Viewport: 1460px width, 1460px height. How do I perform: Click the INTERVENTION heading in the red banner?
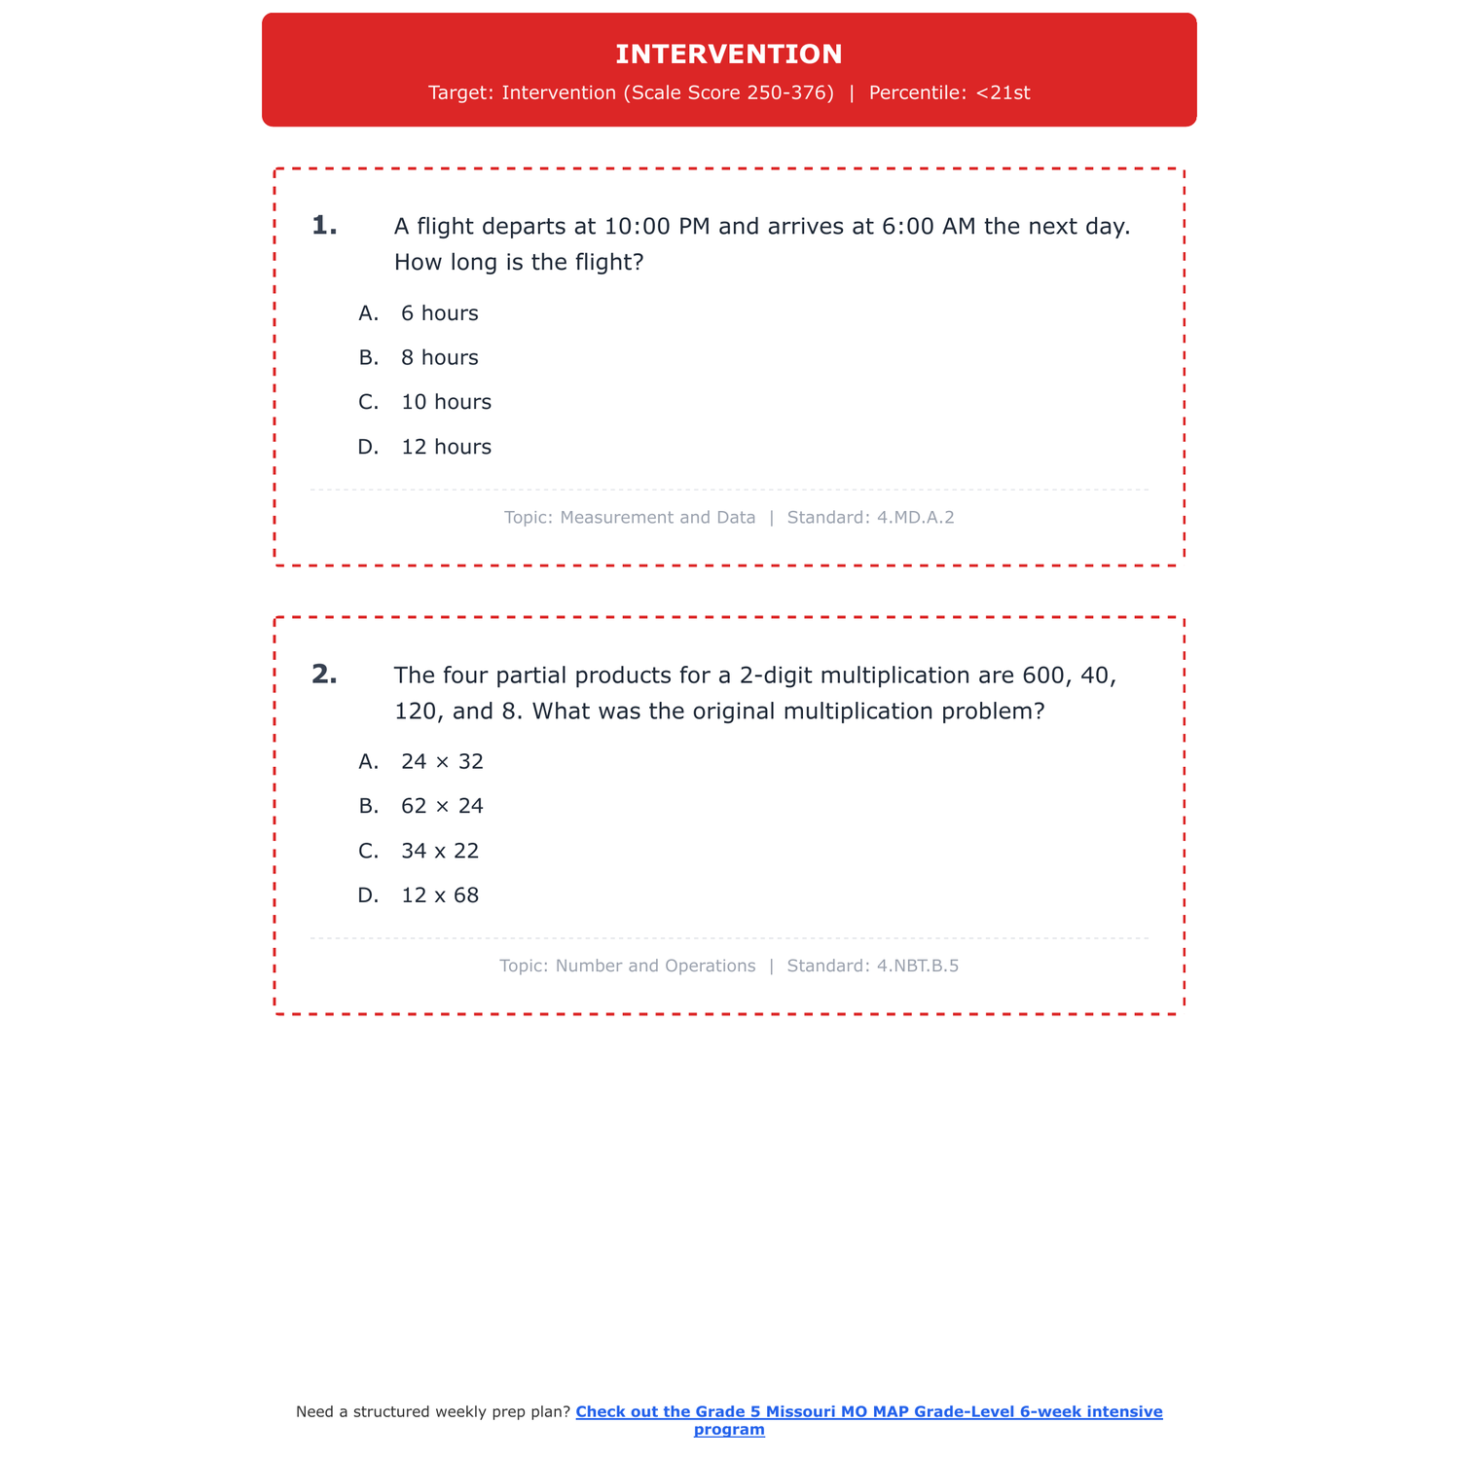729,55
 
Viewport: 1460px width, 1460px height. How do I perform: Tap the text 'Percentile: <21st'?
949,93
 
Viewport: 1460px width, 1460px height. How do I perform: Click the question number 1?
324,226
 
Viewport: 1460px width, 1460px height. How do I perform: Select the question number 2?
324,675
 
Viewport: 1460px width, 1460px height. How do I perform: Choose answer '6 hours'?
439,313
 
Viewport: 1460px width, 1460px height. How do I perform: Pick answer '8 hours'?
439,358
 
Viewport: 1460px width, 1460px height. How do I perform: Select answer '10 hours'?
446,403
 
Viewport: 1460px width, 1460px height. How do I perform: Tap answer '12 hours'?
446,448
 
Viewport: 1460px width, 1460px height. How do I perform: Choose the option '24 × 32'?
442,762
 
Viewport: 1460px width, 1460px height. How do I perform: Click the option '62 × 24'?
442,807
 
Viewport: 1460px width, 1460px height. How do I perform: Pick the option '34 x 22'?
440,852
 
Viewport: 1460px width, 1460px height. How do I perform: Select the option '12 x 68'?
440,896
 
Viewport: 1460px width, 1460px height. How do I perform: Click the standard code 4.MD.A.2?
915,518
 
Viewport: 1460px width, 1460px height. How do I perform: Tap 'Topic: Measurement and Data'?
630,518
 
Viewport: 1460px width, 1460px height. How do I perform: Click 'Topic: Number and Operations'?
628,967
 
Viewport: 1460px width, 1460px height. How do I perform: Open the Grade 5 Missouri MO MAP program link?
868,1412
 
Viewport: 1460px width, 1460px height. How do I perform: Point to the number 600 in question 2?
1043,675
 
